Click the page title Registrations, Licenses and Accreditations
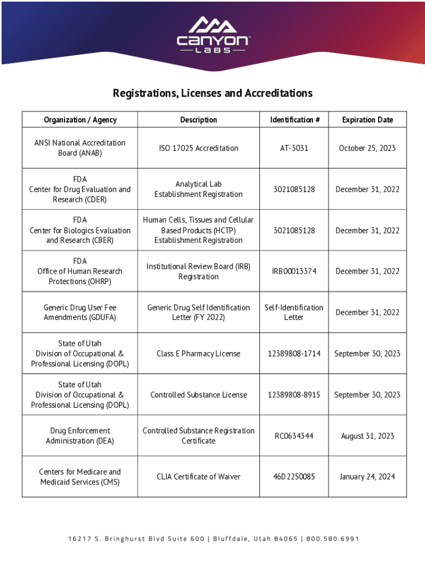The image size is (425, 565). click(x=212, y=93)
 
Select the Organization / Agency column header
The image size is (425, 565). click(x=80, y=120)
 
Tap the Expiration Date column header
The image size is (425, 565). click(x=367, y=120)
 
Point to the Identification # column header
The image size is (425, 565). click(x=294, y=120)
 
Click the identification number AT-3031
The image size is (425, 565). click(x=294, y=148)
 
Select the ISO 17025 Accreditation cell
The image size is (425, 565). click(x=199, y=148)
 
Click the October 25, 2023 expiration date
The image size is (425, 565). click(x=367, y=148)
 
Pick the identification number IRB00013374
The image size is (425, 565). click(x=294, y=271)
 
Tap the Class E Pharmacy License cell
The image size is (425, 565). click(x=199, y=353)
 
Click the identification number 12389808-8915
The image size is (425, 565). click(x=294, y=395)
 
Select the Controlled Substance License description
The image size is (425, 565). click(x=199, y=395)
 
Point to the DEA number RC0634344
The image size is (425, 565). click(x=294, y=436)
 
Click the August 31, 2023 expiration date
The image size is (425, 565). click(x=367, y=436)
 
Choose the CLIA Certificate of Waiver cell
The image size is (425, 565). click(x=199, y=477)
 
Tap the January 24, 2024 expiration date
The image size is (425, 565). click(x=367, y=477)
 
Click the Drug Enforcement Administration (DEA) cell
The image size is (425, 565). click(x=80, y=436)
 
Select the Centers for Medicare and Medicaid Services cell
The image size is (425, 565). click(x=80, y=477)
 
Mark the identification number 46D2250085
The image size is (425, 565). click(x=294, y=477)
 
